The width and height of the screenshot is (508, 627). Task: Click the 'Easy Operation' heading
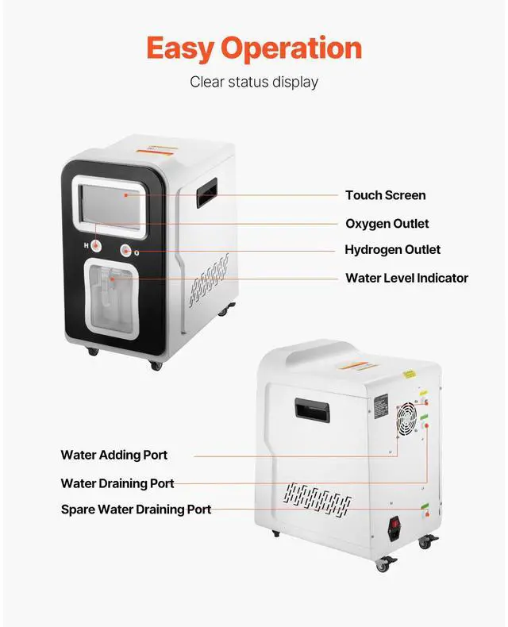[x=253, y=48]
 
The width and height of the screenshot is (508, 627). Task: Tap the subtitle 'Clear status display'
[x=253, y=82]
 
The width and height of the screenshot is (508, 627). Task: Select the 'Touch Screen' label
[x=385, y=195]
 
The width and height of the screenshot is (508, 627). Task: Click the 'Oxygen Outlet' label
[x=387, y=224]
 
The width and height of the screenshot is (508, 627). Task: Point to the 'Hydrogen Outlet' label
[x=392, y=250]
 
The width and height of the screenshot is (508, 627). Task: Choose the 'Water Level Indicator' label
[x=406, y=278]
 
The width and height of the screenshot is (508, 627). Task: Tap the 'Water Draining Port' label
[x=117, y=483]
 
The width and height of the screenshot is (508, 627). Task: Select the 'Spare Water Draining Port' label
[x=137, y=509]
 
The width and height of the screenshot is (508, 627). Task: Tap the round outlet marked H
[x=98, y=250]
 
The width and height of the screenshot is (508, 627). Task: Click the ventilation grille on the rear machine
[x=317, y=498]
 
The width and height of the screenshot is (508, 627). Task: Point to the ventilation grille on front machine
[x=209, y=280]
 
